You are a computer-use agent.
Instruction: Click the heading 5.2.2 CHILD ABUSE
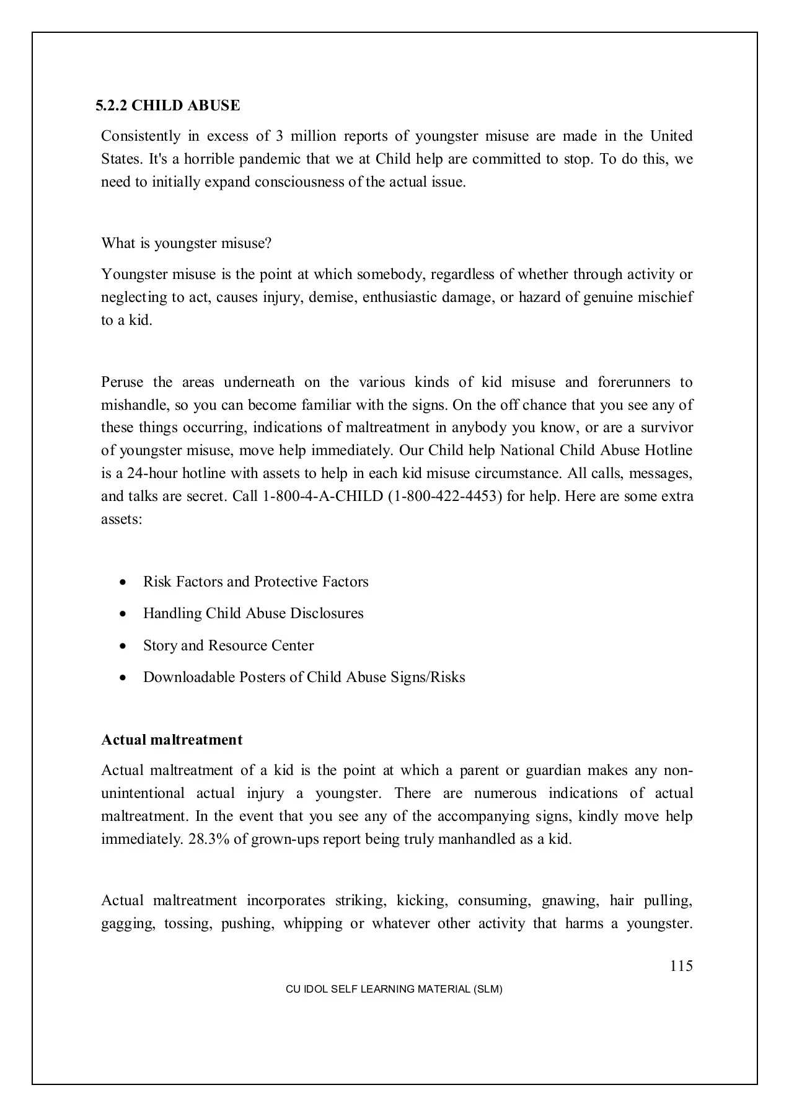click(167, 105)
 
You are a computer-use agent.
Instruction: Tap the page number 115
click(681, 966)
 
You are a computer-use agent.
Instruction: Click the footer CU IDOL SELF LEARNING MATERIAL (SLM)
click(394, 990)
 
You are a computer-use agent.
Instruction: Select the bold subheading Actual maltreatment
click(172, 740)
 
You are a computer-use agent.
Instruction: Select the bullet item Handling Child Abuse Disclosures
click(253, 613)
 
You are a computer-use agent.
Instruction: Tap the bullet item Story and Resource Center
click(228, 645)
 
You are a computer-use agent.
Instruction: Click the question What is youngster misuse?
click(186, 243)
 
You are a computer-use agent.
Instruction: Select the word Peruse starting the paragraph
click(121, 382)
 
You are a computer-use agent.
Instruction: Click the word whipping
click(312, 923)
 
